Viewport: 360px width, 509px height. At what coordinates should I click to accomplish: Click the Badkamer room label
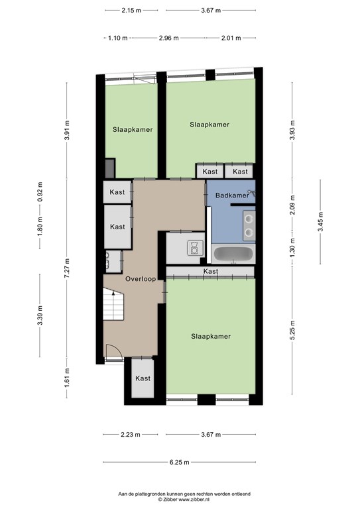232,195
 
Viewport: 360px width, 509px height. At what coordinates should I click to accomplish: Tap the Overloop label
141,278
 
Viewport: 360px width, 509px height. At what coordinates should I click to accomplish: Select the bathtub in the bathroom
233,254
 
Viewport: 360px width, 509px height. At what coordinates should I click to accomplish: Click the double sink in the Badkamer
249,225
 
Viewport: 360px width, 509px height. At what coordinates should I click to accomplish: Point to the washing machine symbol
195,248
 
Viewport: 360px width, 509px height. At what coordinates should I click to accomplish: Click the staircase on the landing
113,304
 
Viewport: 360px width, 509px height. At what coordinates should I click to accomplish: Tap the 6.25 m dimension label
179,462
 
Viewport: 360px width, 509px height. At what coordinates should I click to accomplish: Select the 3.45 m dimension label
320,222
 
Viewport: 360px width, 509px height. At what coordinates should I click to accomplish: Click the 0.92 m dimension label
40,192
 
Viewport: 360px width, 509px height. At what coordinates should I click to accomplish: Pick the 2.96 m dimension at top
169,38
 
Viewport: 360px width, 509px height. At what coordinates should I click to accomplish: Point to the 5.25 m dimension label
292,330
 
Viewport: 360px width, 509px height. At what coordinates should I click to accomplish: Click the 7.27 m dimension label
67,268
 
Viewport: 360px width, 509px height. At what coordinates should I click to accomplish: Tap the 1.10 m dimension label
117,38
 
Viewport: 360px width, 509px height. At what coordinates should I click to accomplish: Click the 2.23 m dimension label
131,434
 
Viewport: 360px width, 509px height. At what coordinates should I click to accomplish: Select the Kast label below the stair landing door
143,378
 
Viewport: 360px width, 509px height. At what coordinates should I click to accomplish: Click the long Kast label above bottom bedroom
211,271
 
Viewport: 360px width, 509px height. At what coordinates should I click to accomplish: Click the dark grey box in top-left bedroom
110,168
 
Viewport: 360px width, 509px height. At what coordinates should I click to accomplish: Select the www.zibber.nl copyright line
184,500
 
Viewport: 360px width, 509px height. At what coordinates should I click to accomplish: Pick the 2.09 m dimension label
292,205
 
